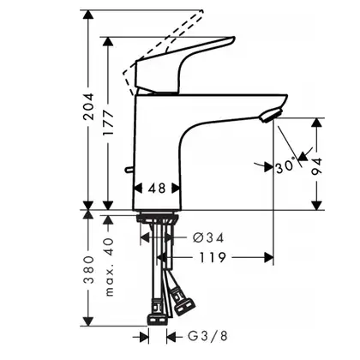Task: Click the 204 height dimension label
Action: pos(88,106)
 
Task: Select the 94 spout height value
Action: pos(317,166)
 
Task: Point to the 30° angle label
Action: pos(285,166)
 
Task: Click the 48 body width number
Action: pos(157,189)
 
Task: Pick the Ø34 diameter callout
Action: pos(208,237)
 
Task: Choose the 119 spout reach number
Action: pos(213,258)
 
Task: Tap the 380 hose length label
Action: pos(88,269)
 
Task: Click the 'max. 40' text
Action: pos(109,267)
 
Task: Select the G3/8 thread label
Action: pos(207,336)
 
